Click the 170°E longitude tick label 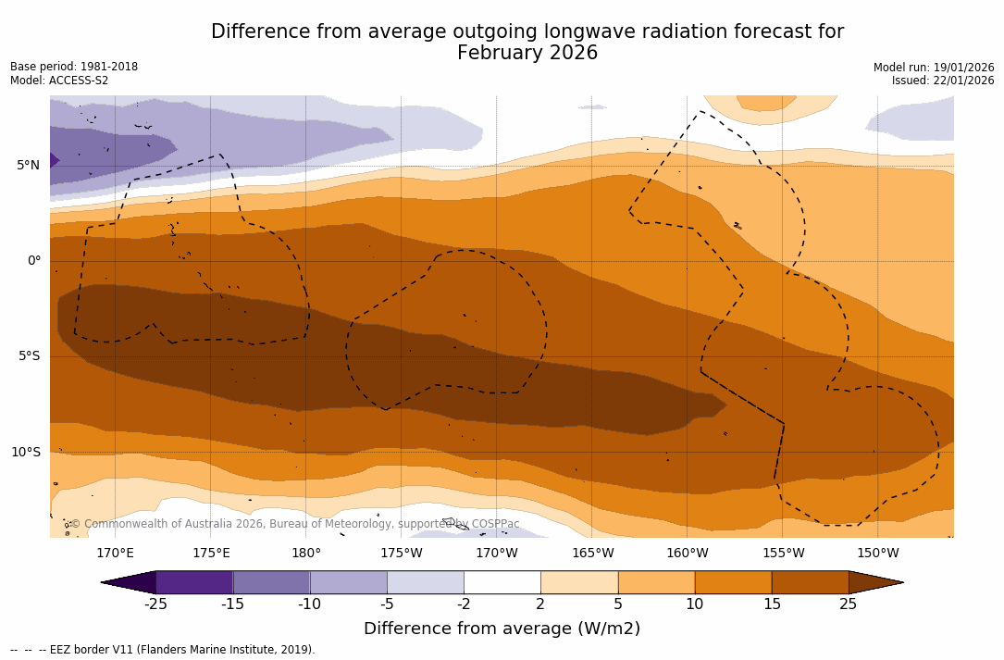pos(115,554)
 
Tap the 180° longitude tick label pos(306,554)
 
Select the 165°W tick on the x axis pos(592,554)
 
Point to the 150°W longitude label pos(878,554)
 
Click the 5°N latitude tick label pos(28,166)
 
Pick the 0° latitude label pos(33,261)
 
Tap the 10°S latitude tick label pos(25,453)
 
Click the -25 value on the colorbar pos(155,604)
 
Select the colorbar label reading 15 pos(771,604)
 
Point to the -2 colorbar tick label pos(464,604)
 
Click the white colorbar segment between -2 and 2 pos(502,582)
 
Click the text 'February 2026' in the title pos(527,53)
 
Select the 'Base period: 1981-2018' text pos(74,67)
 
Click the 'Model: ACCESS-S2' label pos(59,81)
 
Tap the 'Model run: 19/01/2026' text pos(934,67)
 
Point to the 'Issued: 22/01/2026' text pos(943,81)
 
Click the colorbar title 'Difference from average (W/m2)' pos(502,629)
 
